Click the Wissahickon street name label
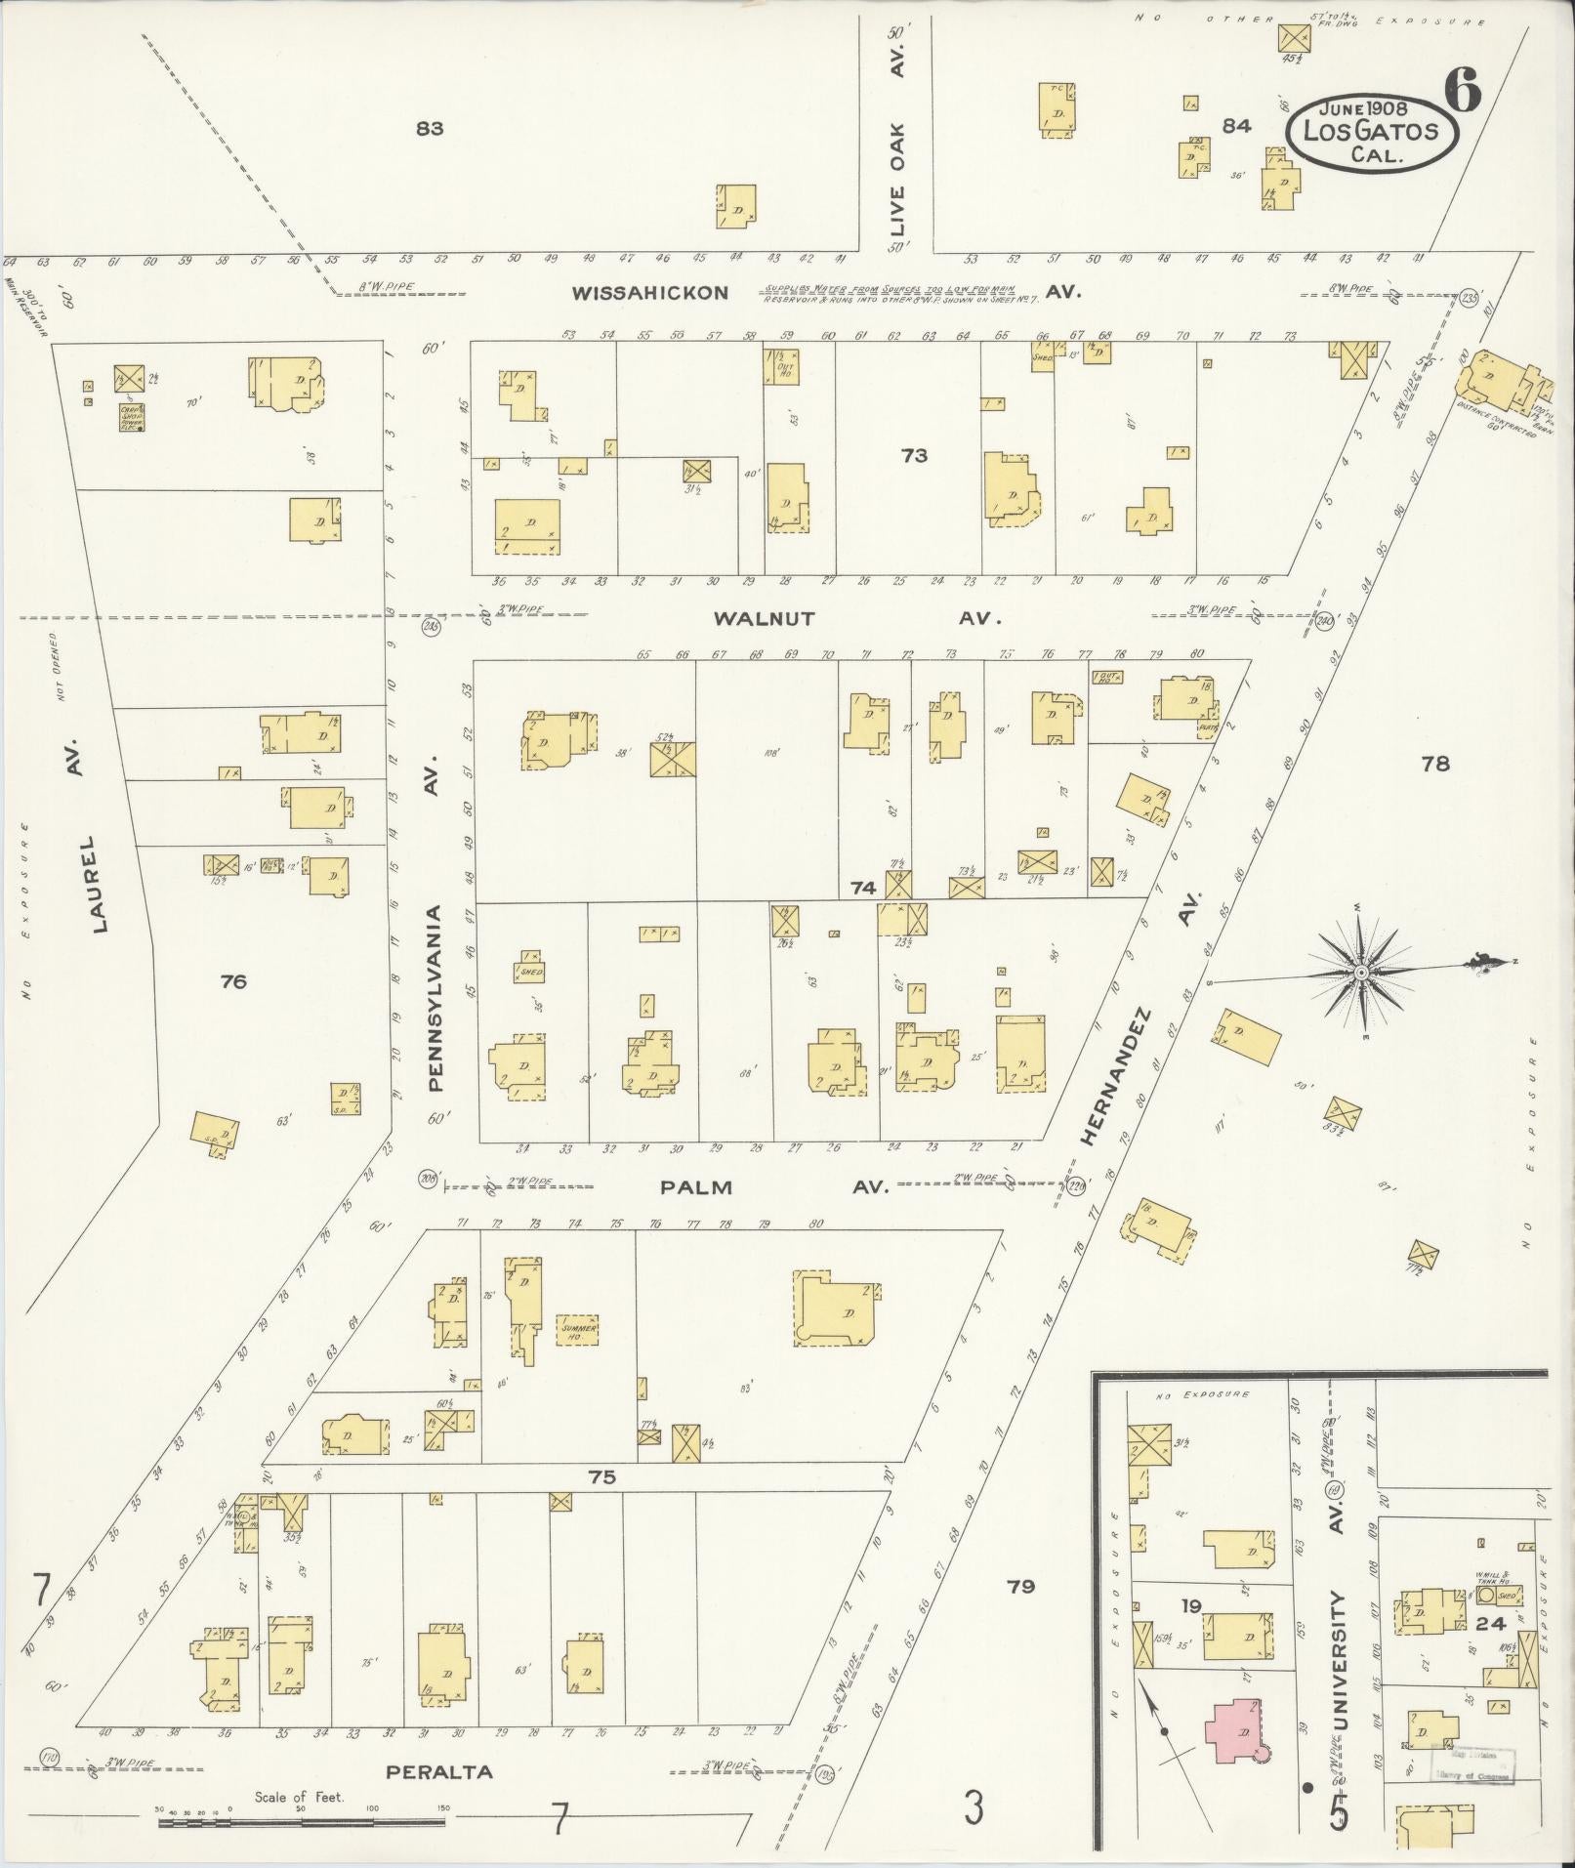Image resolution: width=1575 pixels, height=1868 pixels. [x=649, y=293]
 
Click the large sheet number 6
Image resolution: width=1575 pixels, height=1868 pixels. [x=1462, y=92]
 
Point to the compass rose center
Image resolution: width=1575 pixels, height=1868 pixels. [x=1359, y=975]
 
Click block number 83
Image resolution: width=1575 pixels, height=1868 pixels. [x=429, y=128]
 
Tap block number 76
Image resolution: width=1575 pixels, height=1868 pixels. [x=233, y=981]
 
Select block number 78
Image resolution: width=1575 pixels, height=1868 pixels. [x=1435, y=765]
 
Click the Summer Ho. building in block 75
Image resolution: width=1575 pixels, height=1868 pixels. [x=576, y=1330]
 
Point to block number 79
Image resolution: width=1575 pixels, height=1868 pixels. [x=1021, y=1587]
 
